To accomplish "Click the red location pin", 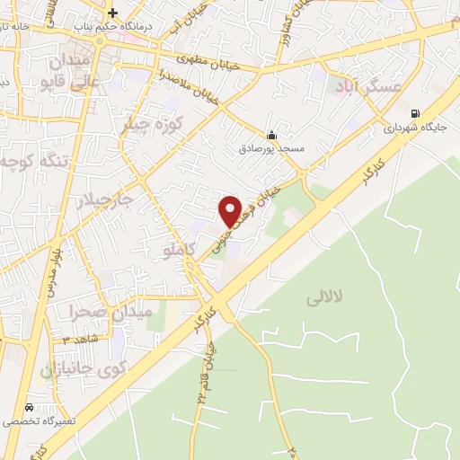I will [230, 210].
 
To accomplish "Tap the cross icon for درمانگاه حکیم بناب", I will [112, 13].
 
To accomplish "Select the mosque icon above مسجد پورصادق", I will [271, 136].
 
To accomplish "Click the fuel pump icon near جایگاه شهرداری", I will [414, 113].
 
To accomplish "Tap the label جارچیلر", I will [102, 199].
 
